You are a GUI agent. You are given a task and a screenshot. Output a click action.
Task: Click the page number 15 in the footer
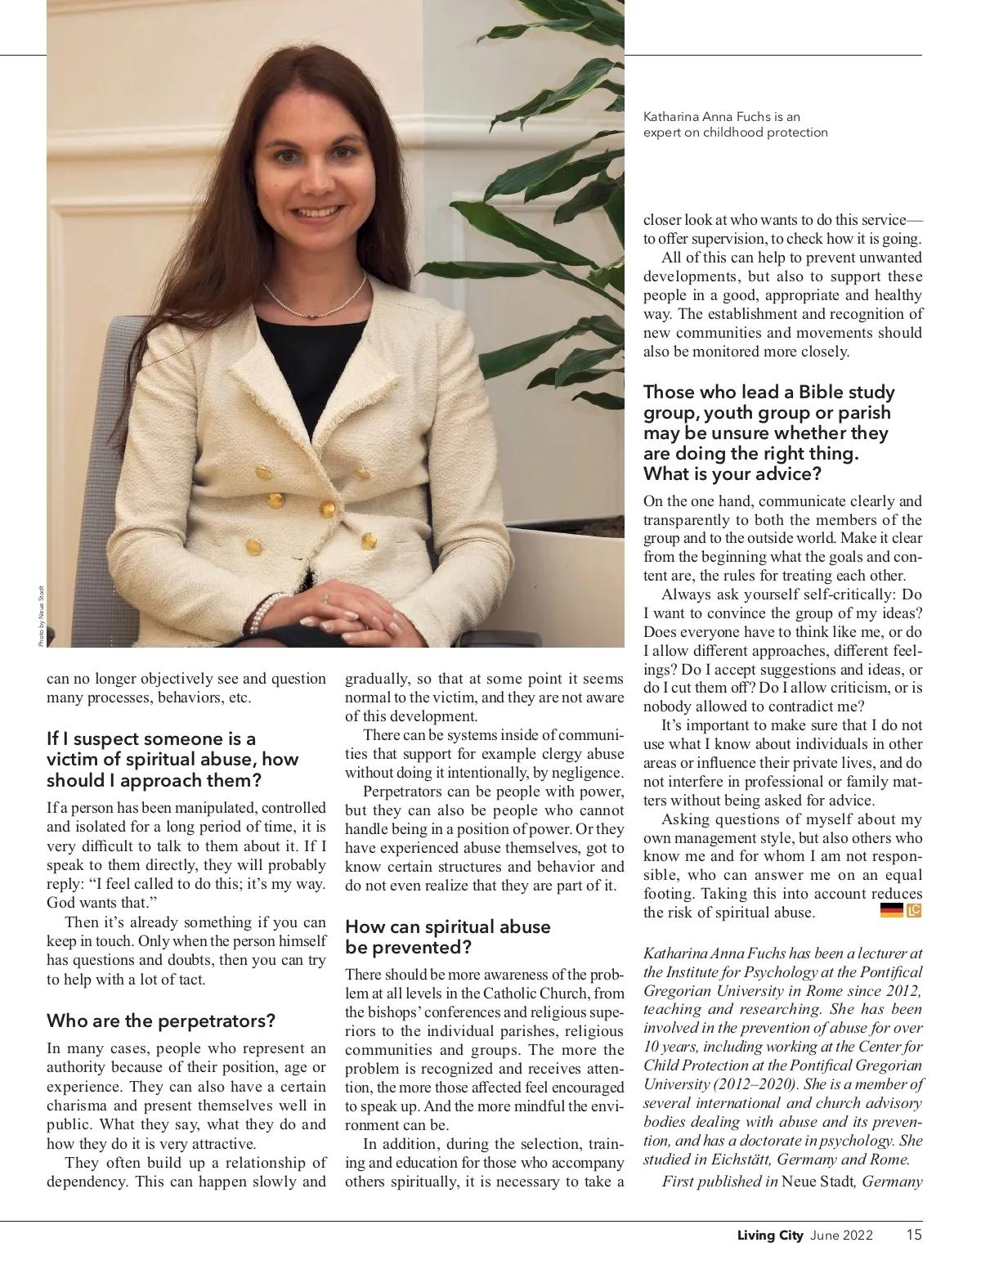click(913, 1235)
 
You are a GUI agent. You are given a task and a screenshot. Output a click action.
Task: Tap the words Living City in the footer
click(770, 1236)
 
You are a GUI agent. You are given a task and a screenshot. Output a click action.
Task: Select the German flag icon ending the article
click(891, 910)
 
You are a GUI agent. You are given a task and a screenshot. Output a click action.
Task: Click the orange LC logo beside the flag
click(914, 910)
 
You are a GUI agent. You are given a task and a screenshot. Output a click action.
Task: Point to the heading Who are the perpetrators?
click(161, 1021)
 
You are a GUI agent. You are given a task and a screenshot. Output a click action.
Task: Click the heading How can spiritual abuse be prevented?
click(447, 937)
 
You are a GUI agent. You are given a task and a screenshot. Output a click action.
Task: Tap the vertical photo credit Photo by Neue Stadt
click(41, 614)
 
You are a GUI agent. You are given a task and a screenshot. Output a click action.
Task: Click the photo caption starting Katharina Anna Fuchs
click(735, 124)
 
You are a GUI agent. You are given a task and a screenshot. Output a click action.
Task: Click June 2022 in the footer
click(841, 1236)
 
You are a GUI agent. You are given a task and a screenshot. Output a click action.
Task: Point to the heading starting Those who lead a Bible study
click(768, 433)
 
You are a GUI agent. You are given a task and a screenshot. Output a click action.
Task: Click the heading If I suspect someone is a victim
click(172, 759)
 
